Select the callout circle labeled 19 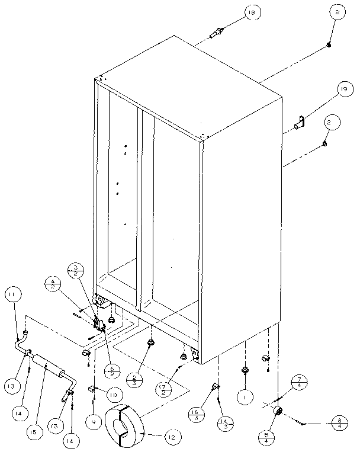click(342, 89)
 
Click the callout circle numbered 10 click(115, 393)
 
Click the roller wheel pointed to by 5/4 click(278, 411)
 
